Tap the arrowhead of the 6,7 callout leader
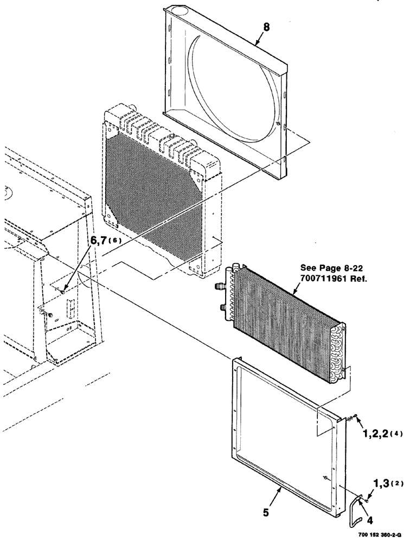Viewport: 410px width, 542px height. pyautogui.click(x=63, y=292)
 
